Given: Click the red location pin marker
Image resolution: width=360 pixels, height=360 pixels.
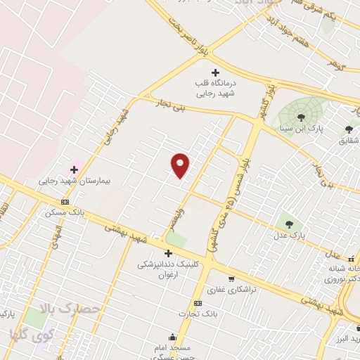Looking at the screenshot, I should tap(180, 165).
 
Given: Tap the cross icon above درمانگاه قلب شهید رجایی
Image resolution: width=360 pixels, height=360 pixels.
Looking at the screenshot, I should tap(215, 72).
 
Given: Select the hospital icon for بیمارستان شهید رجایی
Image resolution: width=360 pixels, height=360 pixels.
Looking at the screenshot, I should tap(74, 169).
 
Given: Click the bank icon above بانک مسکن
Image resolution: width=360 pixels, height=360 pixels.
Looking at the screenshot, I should tap(65, 202).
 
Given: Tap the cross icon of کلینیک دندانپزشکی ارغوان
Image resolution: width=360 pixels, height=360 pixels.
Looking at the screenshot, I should tap(168, 253).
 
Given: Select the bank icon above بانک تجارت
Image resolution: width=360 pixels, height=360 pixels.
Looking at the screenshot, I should tap(198, 303).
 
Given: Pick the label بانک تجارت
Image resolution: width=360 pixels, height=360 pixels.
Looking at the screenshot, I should tap(198, 314).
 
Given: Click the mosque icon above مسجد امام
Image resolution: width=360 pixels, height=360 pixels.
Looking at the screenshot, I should tap(172, 337).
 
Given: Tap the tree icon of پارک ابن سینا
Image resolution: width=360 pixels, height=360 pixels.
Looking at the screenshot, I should tap(301, 117).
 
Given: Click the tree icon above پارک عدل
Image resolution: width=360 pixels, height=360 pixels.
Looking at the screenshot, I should tap(285, 223).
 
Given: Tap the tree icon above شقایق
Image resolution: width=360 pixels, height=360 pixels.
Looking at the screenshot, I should tap(349, 129).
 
